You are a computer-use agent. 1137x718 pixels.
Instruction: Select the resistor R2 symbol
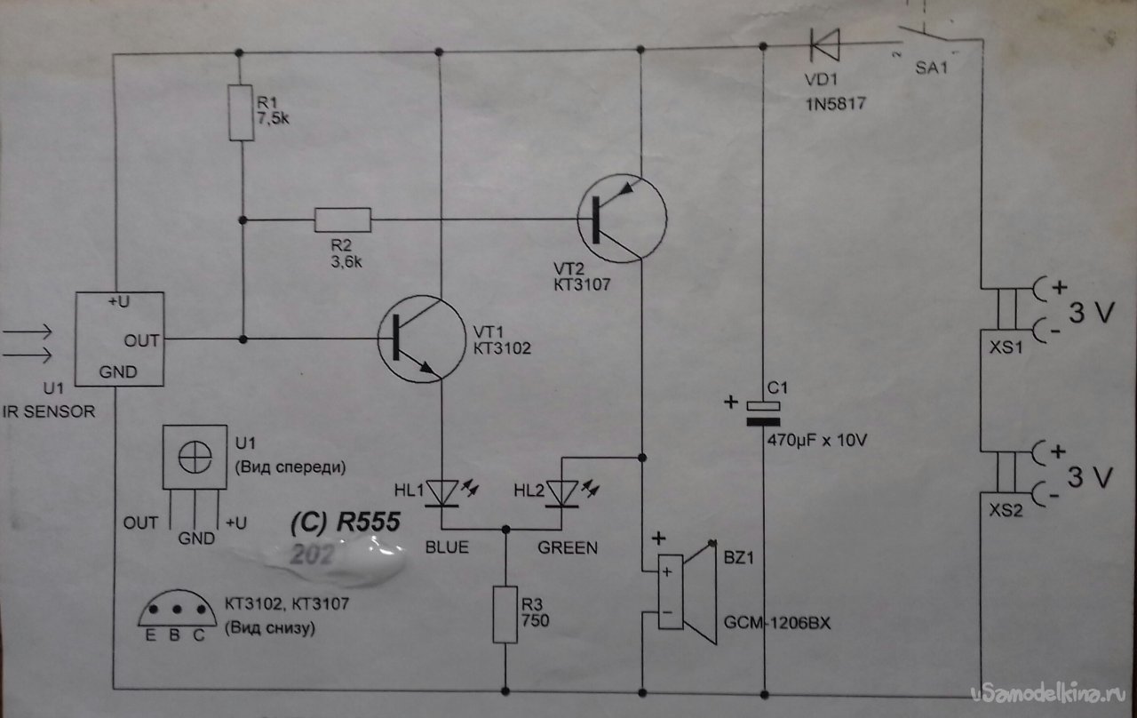click(342, 219)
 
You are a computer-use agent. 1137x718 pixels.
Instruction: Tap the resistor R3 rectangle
click(506, 614)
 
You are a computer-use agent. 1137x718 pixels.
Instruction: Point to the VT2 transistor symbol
click(621, 219)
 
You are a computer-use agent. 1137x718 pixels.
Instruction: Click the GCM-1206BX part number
click(771, 622)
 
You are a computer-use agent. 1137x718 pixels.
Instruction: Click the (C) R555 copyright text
click(347, 523)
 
